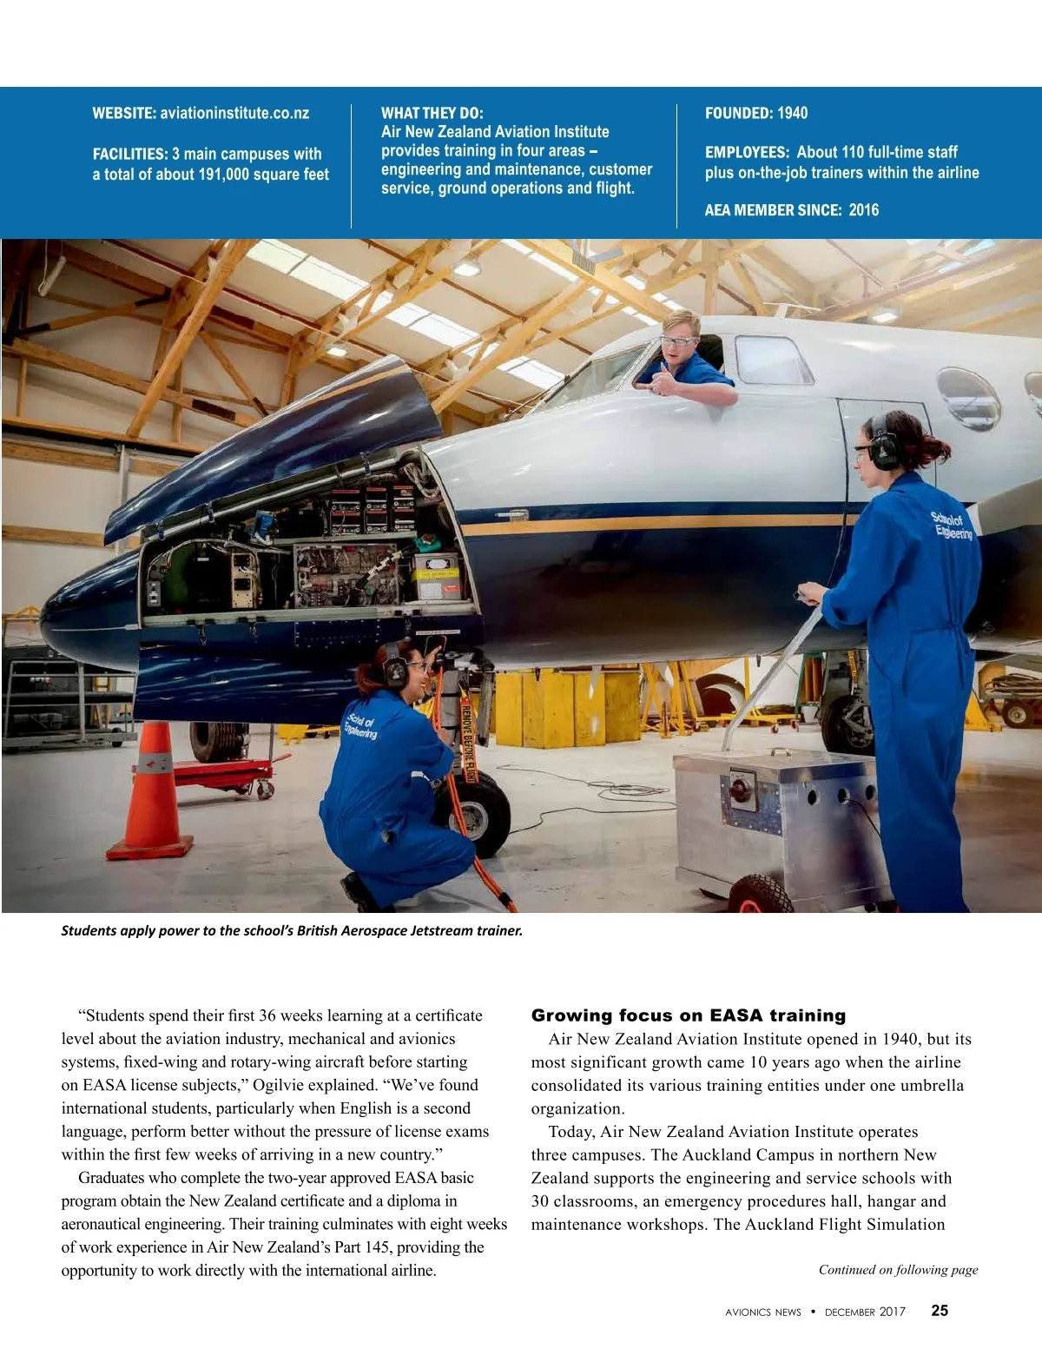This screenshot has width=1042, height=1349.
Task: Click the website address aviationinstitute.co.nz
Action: (x=234, y=113)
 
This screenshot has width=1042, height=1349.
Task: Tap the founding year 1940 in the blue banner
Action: (x=792, y=113)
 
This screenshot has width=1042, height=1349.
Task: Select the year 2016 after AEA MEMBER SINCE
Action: (x=863, y=210)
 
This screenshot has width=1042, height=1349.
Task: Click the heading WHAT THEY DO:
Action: (x=432, y=113)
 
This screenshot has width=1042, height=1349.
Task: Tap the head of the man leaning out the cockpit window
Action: (x=679, y=335)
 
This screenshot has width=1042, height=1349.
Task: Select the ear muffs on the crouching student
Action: (x=396, y=669)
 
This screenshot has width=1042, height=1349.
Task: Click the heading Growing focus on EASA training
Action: (x=688, y=1015)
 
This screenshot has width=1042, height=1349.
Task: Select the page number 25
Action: (x=940, y=1311)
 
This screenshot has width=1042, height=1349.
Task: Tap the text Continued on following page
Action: (x=898, y=1270)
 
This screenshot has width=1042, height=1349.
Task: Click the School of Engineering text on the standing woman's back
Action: (x=952, y=526)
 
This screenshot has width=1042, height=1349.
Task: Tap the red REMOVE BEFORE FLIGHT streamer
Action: (x=466, y=738)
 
